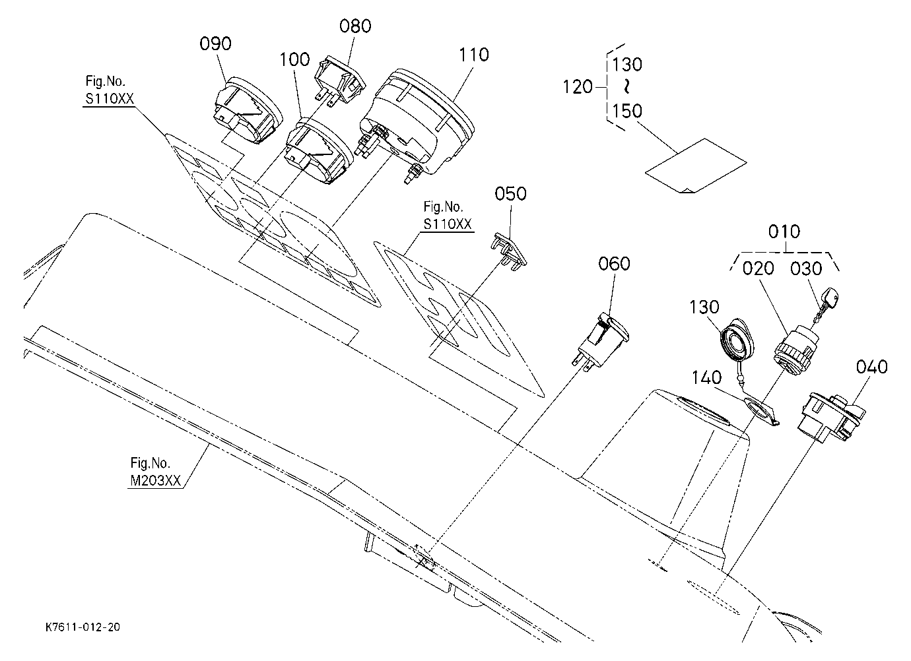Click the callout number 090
coord(215,44)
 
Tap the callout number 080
coord(355,26)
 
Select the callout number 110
coord(474,55)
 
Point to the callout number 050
coord(510,193)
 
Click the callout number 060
coord(614,263)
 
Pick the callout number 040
coord(871,367)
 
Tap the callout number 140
coord(707,377)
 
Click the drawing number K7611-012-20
coord(83,627)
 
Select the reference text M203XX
coord(155,480)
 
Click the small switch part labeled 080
coord(340,80)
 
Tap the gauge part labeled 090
coord(248,110)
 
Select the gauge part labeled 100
coord(320,150)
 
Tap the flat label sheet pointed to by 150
coord(696,166)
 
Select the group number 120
coord(578,86)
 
